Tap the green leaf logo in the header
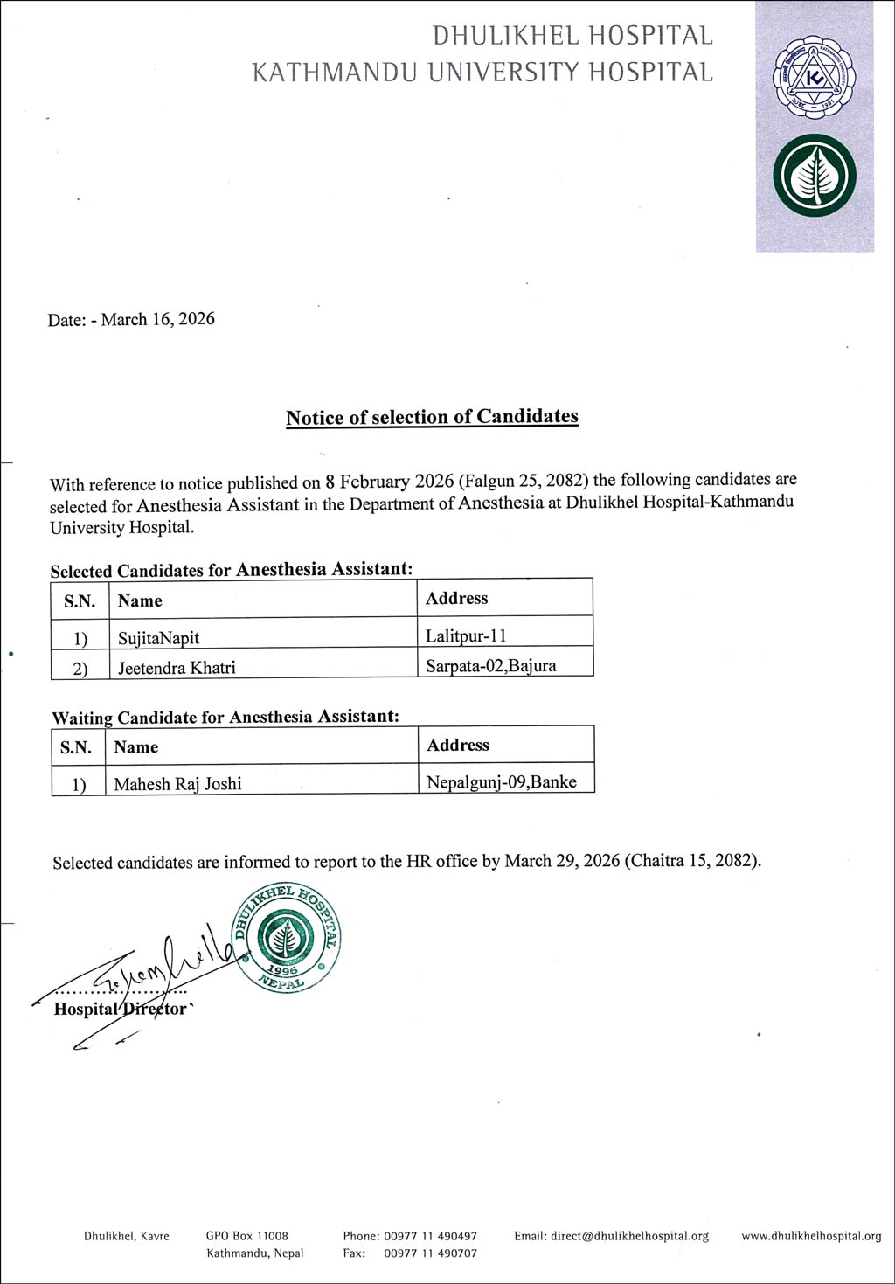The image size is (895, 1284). (x=814, y=179)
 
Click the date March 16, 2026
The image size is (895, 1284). (x=157, y=319)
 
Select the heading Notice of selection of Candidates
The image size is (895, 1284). (x=432, y=417)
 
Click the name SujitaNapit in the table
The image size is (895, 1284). (x=158, y=637)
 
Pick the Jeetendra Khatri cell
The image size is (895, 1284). (x=177, y=668)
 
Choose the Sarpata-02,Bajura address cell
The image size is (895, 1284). (x=490, y=665)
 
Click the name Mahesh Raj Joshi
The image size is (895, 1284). (x=177, y=784)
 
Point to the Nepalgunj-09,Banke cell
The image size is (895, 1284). (x=501, y=782)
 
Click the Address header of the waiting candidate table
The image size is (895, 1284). (x=457, y=746)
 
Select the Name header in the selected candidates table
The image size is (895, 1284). (x=140, y=600)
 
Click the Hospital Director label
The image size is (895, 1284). (x=120, y=1009)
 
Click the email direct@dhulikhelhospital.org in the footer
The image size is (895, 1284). (x=611, y=1236)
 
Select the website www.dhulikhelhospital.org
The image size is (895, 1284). (x=811, y=1236)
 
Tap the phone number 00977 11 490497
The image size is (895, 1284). (x=430, y=1236)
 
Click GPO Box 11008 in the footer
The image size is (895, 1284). (x=246, y=1236)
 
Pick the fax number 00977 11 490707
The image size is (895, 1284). (x=430, y=1253)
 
